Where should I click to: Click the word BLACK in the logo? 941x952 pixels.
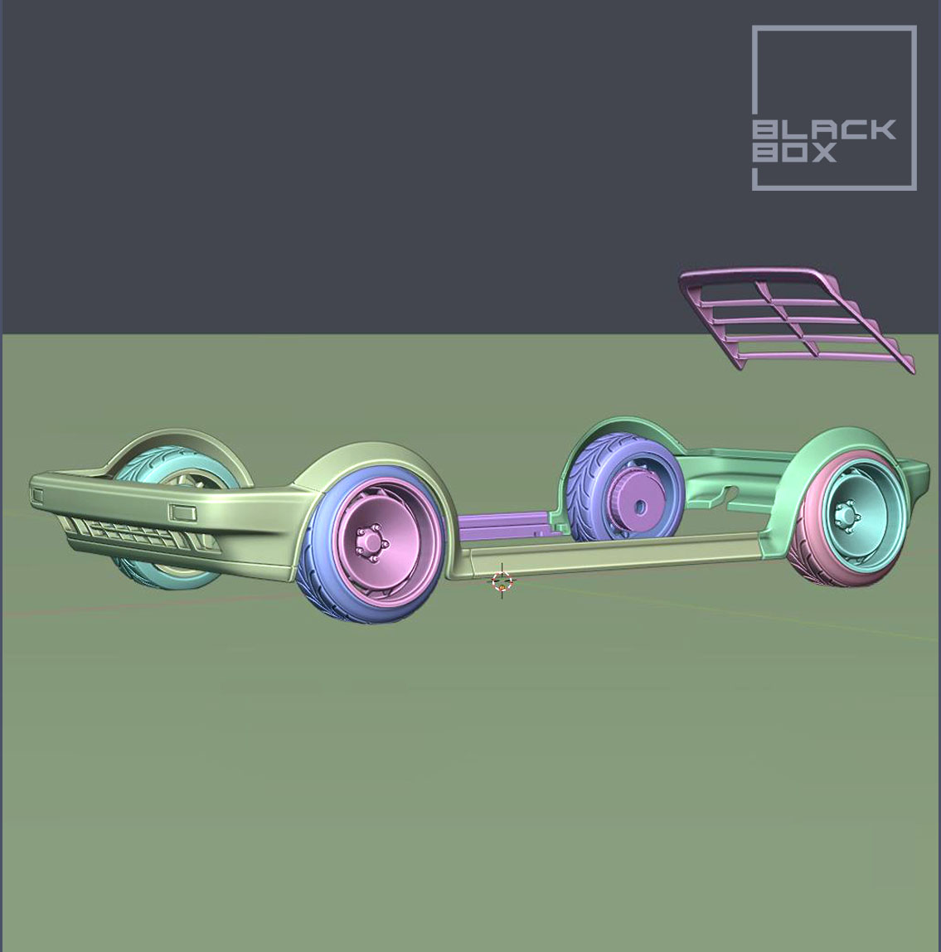coord(824,130)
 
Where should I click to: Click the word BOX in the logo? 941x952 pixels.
coord(795,153)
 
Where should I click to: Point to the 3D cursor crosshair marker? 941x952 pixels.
coord(502,581)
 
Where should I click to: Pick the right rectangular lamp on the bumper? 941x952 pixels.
coord(183,512)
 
